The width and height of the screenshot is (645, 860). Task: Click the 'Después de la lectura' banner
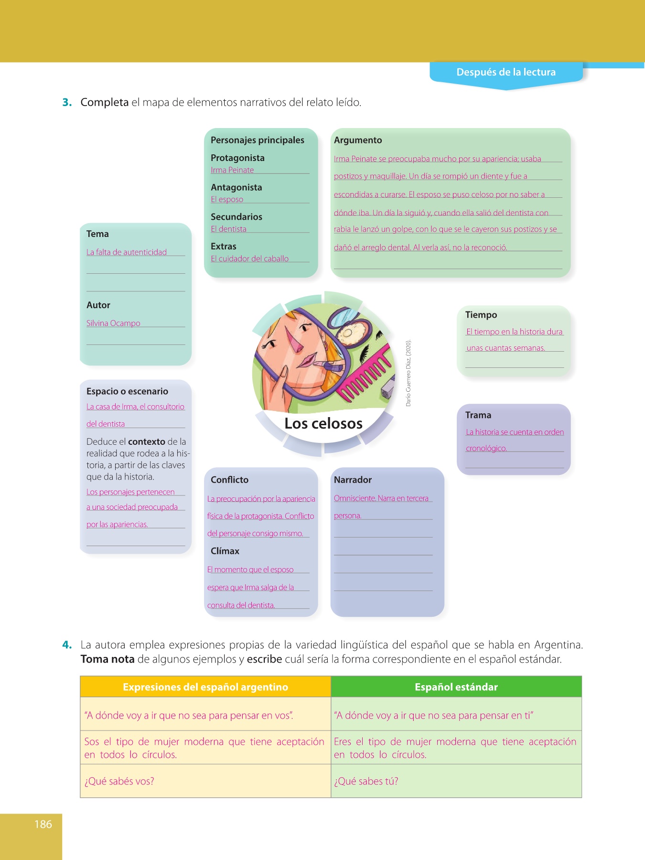[506, 72]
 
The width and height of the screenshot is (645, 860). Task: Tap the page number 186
[43, 824]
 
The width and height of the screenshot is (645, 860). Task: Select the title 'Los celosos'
[323, 423]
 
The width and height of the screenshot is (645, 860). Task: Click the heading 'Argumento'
[358, 140]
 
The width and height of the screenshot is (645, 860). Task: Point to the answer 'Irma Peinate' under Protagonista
[232, 170]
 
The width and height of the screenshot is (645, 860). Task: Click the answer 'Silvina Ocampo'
[113, 323]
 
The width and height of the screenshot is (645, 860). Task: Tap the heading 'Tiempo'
[481, 315]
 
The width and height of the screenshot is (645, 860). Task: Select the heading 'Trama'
[478, 415]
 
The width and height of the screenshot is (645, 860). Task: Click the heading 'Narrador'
[353, 480]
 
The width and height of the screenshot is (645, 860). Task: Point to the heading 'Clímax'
[225, 551]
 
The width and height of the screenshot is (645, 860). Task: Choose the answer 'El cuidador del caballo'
[249, 258]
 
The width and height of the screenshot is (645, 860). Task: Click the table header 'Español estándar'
[456, 687]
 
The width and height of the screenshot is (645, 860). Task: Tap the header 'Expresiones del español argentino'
[205, 687]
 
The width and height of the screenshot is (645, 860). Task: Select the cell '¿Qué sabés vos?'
[119, 781]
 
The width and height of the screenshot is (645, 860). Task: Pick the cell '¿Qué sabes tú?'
[366, 781]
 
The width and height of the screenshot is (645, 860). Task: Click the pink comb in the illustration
[365, 377]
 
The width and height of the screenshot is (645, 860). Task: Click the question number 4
[67, 645]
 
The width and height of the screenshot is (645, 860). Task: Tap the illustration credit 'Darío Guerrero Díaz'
[408, 373]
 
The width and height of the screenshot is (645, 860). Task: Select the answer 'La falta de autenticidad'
[127, 252]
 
